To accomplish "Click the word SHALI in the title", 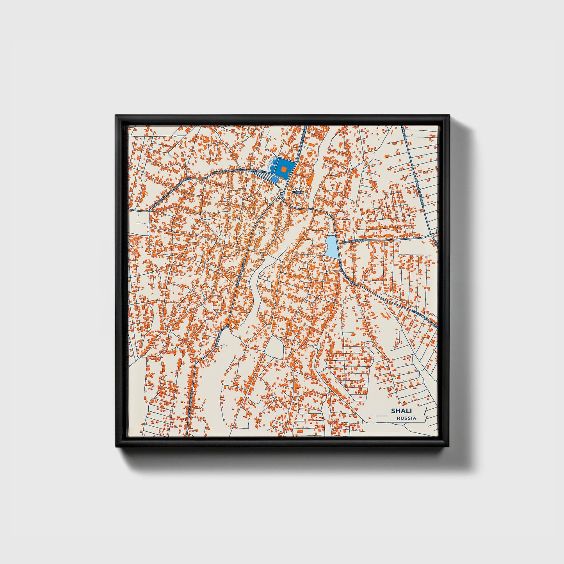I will click(401, 411).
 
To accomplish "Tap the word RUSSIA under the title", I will click(406, 418).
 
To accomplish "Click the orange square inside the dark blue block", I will click(284, 169).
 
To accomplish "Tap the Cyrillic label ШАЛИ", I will click(297, 192).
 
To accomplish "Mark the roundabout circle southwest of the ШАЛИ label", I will click(281, 197).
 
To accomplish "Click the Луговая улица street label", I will click(353, 242).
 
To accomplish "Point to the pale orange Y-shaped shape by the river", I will click(273, 250).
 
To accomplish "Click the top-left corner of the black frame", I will click(116, 116).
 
